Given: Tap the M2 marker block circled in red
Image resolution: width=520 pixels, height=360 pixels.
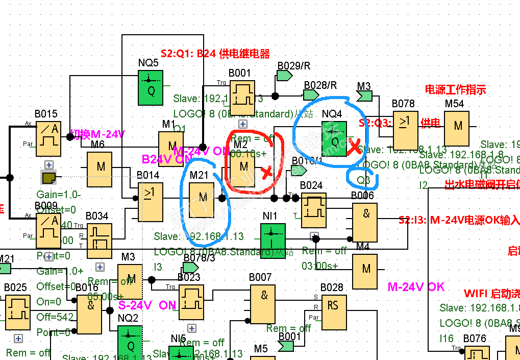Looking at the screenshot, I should click(243, 166).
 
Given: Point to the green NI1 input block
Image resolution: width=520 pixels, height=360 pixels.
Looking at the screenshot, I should click(273, 240).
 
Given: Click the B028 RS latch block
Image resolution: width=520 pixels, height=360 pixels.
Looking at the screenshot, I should click(334, 312).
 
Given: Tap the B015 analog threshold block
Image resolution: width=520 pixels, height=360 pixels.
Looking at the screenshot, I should click(48, 138).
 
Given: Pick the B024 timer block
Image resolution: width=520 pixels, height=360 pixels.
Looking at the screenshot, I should click(314, 209).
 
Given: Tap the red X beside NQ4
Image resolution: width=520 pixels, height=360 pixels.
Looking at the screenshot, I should click(353, 148).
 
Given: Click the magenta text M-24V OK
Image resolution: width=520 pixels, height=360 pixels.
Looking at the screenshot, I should click(416, 287).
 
